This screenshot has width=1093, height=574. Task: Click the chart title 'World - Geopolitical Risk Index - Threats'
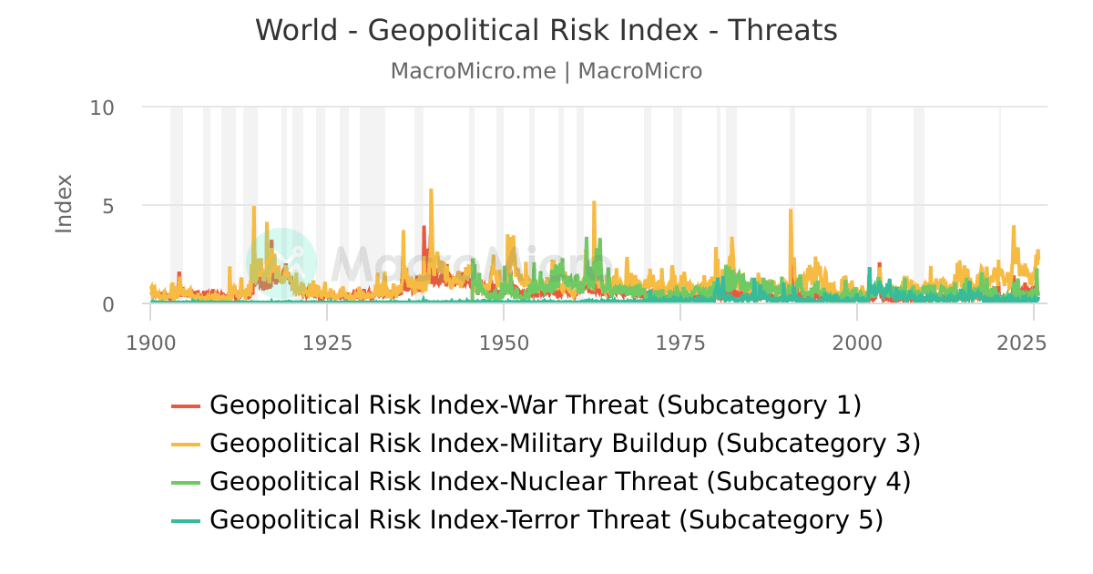pyautogui.click(x=546, y=31)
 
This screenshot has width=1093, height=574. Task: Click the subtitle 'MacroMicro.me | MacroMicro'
pyautogui.click(x=546, y=71)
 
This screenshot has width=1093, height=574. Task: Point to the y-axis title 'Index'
pyautogui.click(x=64, y=203)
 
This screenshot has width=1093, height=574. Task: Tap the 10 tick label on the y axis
pyautogui.click(x=102, y=108)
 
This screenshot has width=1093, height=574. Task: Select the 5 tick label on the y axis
pyautogui.click(x=107, y=206)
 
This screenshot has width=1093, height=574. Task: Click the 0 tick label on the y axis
pyautogui.click(x=107, y=304)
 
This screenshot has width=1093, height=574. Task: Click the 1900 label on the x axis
pyautogui.click(x=150, y=343)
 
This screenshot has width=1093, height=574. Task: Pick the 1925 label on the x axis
pyautogui.click(x=327, y=343)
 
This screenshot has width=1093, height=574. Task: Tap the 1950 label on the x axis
pyautogui.click(x=504, y=343)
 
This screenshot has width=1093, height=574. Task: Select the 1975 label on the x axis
pyautogui.click(x=680, y=343)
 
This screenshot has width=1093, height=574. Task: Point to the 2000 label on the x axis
pyautogui.click(x=857, y=343)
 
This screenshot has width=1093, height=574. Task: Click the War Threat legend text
pyautogui.click(x=535, y=405)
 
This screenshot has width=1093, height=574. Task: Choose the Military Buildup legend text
pyautogui.click(x=565, y=444)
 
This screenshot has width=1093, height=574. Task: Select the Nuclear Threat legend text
pyautogui.click(x=559, y=481)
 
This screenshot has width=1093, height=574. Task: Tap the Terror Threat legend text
pyautogui.click(x=546, y=520)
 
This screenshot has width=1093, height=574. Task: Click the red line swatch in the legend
pyautogui.click(x=186, y=405)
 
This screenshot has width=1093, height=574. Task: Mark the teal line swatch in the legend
pyautogui.click(x=186, y=520)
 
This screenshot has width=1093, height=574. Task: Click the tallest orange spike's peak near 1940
pyautogui.click(x=431, y=190)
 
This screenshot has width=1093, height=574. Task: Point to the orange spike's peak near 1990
pyautogui.click(x=791, y=210)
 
